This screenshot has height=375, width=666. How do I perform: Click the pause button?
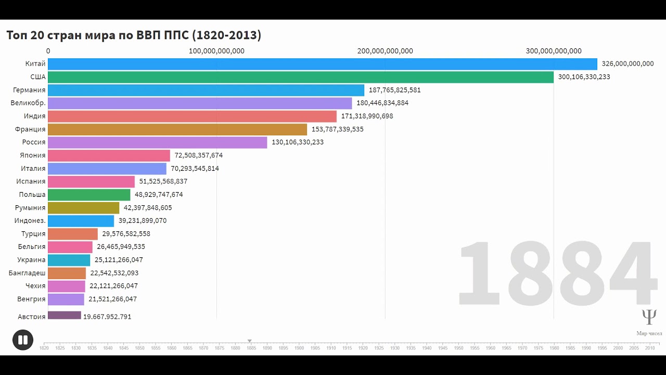pyautogui.click(x=23, y=340)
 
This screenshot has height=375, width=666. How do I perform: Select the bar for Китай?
pyautogui.click(x=323, y=64)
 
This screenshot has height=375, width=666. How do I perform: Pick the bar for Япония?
pyautogui.click(x=109, y=155)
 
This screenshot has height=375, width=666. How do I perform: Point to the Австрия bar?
pyautogui.click(x=65, y=316)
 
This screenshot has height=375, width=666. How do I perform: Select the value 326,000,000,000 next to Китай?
pyautogui.click(x=627, y=64)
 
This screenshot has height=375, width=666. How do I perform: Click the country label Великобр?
pyautogui.click(x=28, y=103)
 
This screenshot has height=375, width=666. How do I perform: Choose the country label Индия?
pyautogui.click(x=34, y=116)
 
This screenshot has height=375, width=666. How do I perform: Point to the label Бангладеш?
pyautogui.click(x=27, y=273)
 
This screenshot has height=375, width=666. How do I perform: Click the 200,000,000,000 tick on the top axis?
pyautogui.click(x=385, y=51)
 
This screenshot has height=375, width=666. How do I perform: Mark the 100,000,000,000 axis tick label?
pyautogui.click(x=216, y=51)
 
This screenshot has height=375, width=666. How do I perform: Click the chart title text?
pyautogui.click(x=134, y=35)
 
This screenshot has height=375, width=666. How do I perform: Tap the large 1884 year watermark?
pyautogui.click(x=556, y=273)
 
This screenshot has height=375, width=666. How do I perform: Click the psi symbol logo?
pyautogui.click(x=649, y=317)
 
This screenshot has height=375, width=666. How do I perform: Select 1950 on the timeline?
pyautogui.click(x=458, y=347)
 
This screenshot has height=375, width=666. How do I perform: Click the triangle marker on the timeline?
pyautogui.click(x=250, y=341)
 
